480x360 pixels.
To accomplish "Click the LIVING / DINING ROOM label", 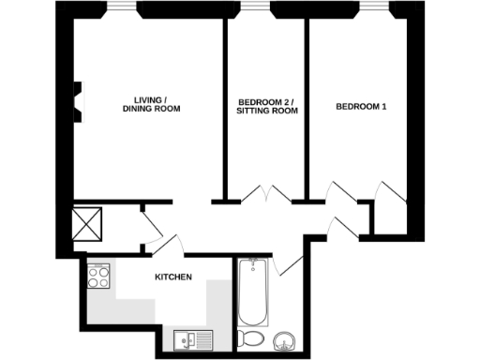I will pyautogui.click(x=151, y=104).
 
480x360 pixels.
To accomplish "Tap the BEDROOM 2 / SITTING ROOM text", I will pyautogui.click(x=267, y=105).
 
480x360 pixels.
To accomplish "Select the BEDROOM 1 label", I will pyautogui.click(x=361, y=106).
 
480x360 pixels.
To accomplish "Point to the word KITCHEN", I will pyautogui.click(x=173, y=277).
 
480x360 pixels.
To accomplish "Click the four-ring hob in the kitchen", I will pyautogui.click(x=99, y=278).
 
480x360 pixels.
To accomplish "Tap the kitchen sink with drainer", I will pyautogui.click(x=194, y=338).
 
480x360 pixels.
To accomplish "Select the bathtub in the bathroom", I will pyautogui.click(x=252, y=292).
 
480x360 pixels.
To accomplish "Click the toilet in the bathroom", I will pyautogui.click(x=251, y=338).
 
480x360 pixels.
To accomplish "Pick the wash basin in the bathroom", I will pyautogui.click(x=288, y=338).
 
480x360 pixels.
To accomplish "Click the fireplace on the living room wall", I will pyautogui.click(x=79, y=100).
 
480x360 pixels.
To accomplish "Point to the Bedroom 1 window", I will pyautogui.click(x=374, y=7).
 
